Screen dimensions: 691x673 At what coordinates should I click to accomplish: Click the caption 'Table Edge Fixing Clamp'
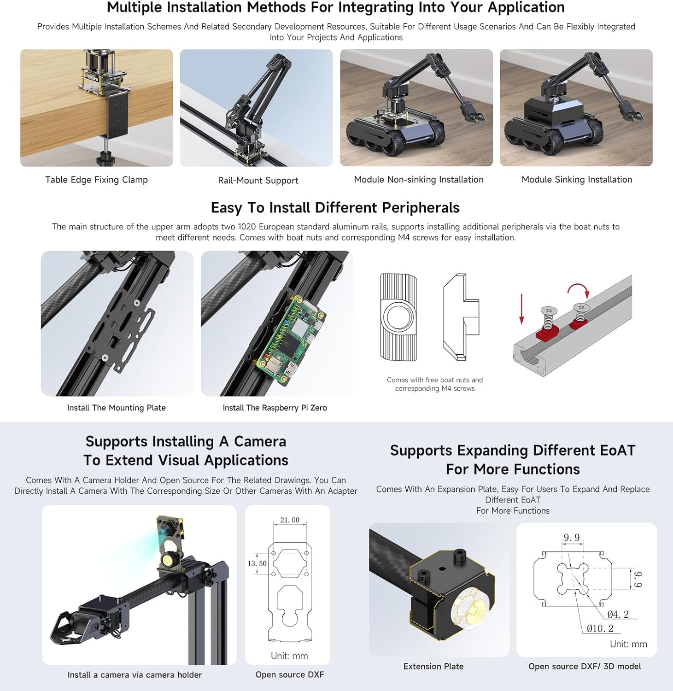pos(96,180)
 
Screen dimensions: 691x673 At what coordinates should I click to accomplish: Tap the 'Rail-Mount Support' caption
pos(258,181)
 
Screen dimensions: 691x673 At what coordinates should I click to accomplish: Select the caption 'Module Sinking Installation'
pos(576,180)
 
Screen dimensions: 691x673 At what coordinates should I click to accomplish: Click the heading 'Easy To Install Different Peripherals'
pos(335,208)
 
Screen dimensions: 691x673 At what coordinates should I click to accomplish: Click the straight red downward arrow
pos(521,308)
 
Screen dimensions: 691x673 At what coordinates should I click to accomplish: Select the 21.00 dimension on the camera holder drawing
pos(289,520)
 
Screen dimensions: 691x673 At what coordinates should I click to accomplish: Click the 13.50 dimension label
pos(257,563)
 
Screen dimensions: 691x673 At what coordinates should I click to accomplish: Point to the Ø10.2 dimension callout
pos(600,628)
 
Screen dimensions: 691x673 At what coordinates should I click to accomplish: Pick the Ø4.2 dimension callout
pos(618,614)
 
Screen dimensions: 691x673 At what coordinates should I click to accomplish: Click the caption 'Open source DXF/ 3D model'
pos(585,666)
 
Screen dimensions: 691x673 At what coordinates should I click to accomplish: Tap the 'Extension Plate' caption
pos(433,666)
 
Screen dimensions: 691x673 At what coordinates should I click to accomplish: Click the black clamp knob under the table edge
pos(105,160)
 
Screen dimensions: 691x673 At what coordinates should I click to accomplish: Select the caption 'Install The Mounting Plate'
pos(116,408)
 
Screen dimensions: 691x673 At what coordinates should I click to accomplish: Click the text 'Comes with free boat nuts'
pos(434,380)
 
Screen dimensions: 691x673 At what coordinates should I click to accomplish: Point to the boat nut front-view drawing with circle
pos(399,317)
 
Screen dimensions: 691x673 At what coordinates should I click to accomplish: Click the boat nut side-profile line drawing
pos(461,317)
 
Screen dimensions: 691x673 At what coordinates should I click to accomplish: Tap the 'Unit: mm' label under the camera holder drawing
pos(289,656)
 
